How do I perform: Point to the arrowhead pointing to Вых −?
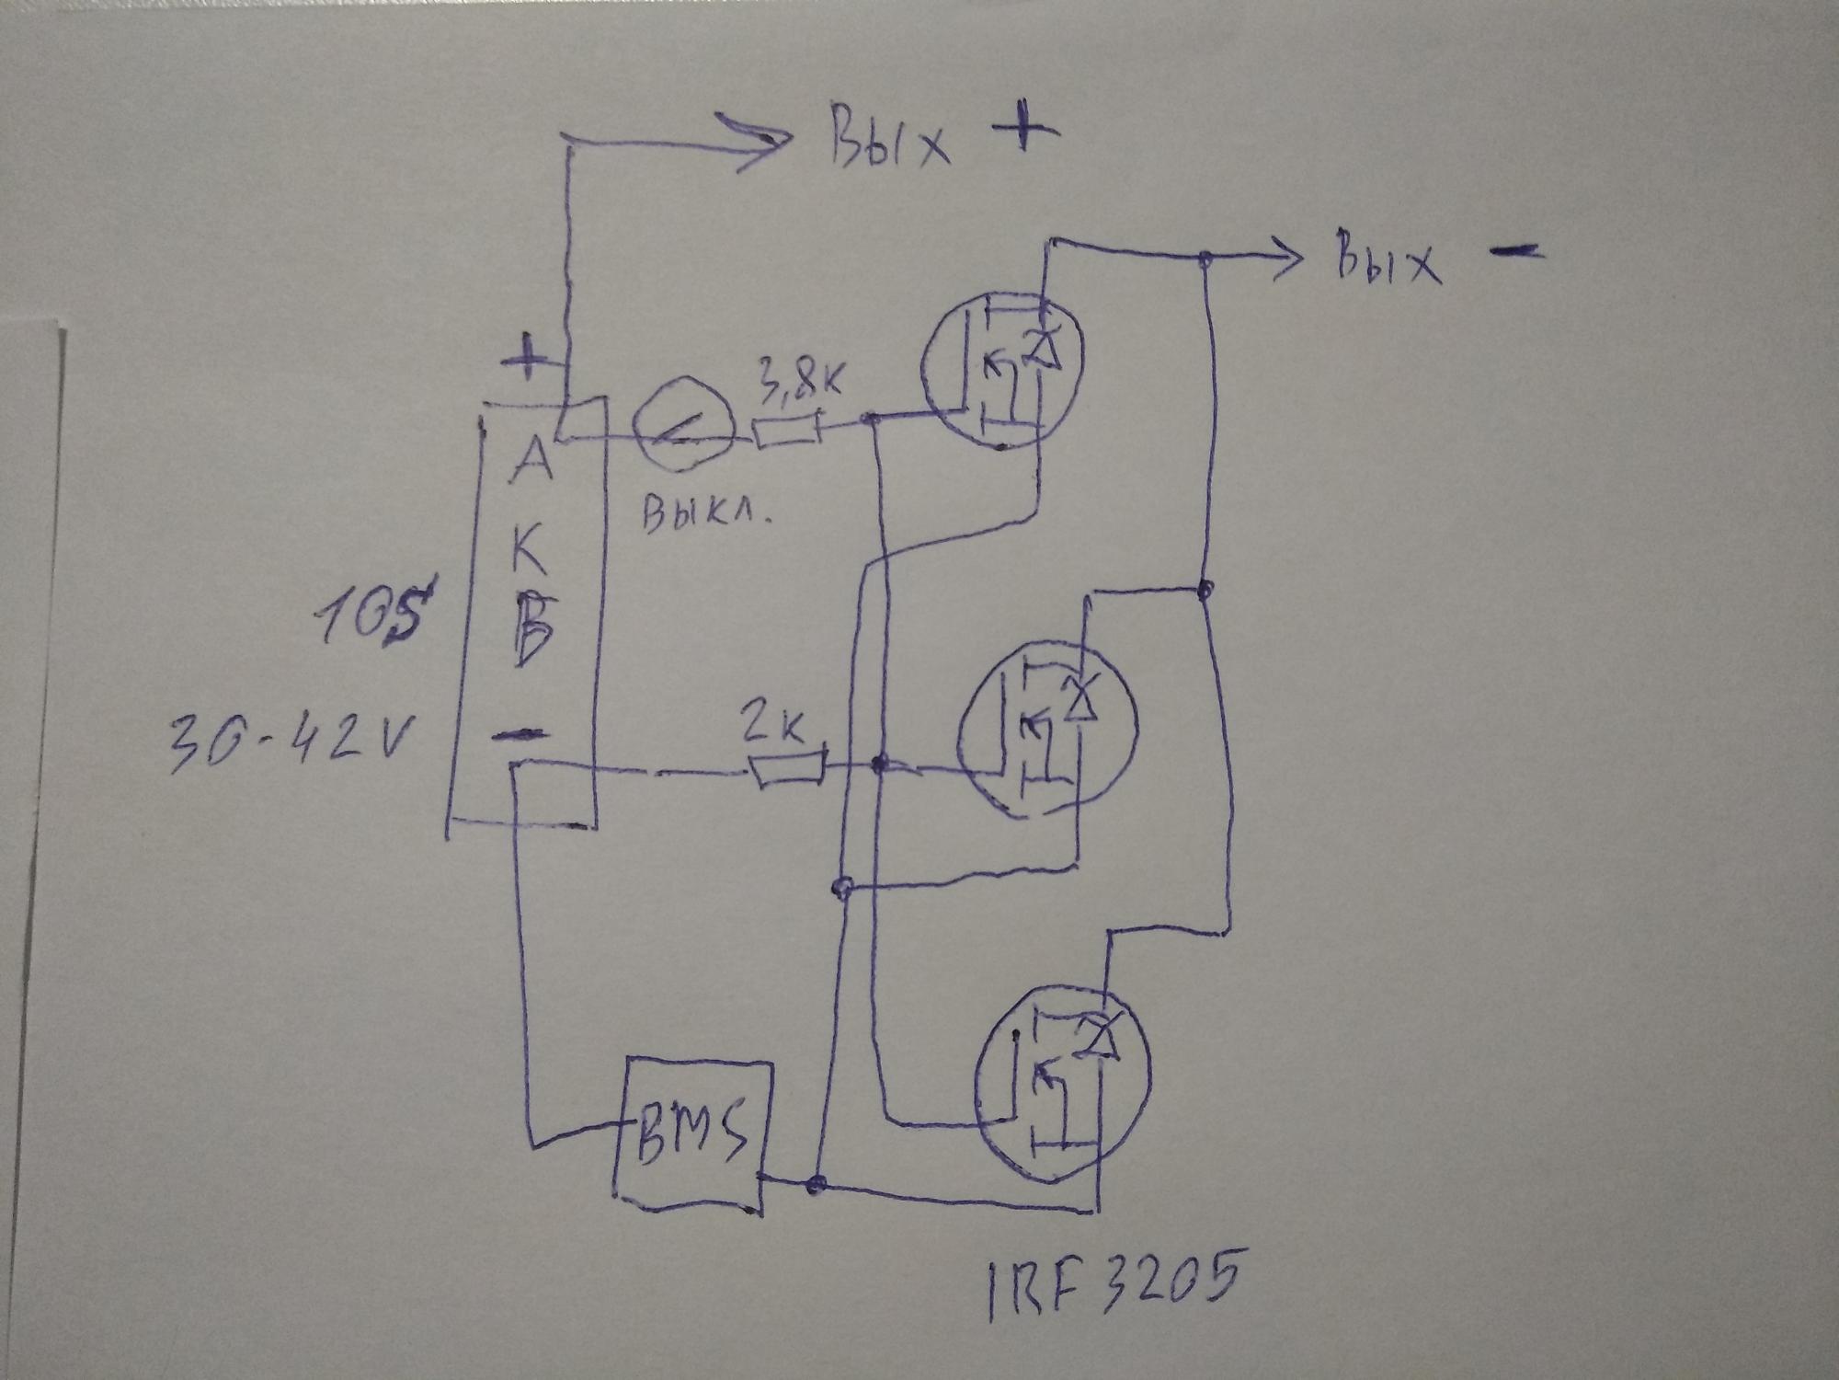pos(1287,260)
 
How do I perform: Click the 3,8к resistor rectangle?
pos(787,431)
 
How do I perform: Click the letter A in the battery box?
pos(531,460)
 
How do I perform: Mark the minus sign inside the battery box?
pos(520,734)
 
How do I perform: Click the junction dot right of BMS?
pos(815,1184)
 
